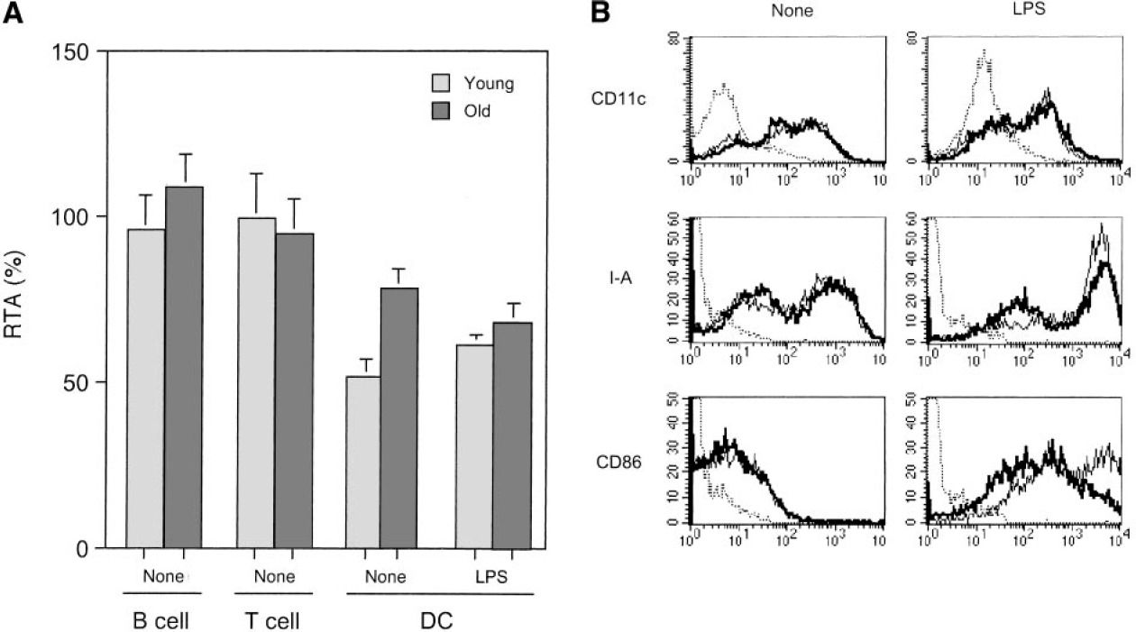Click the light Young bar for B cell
pyautogui.click(x=146, y=388)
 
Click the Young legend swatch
pyautogui.click(x=439, y=84)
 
